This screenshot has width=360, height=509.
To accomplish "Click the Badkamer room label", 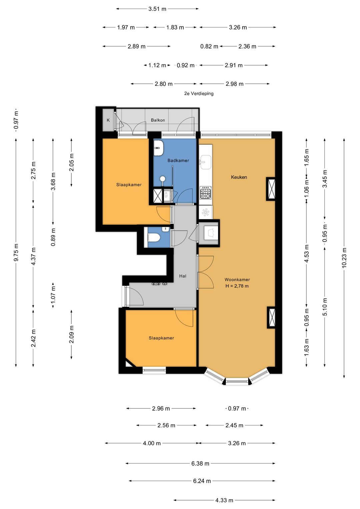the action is point(178,160).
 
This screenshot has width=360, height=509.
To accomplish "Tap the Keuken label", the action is point(239,177).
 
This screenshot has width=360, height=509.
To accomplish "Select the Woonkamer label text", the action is point(237,279).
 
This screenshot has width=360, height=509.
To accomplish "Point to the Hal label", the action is point(183,276).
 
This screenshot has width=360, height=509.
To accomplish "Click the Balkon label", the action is point(158,120).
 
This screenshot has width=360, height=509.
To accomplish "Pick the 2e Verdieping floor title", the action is point(199,93).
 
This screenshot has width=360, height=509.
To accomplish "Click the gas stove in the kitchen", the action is point(205,192).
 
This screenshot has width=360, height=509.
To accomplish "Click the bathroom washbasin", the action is point(158,148).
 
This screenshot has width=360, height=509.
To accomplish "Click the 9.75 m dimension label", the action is point(16,252).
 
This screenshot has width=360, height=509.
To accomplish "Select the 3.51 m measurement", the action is point(157,9).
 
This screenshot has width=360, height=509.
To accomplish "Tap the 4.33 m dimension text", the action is point(224,500).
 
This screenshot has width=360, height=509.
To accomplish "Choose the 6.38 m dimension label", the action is point(200,463).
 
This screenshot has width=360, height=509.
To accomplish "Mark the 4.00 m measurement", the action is point(152,443).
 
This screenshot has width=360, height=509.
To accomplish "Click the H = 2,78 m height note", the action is point(237,286).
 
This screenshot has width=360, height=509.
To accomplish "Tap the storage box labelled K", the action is point(108,120).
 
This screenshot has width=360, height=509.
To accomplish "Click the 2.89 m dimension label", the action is point(136,46).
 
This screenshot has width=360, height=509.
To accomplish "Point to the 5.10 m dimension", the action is point(325,307).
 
